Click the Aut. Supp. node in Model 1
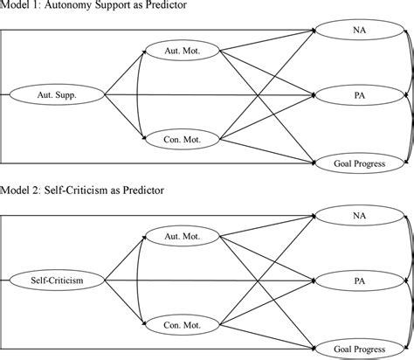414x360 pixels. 55,93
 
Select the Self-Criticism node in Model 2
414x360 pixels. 55,280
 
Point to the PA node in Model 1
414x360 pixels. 359,93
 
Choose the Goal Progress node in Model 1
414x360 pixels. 359,163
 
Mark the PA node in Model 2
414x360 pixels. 359,280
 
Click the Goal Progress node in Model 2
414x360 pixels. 359,347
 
